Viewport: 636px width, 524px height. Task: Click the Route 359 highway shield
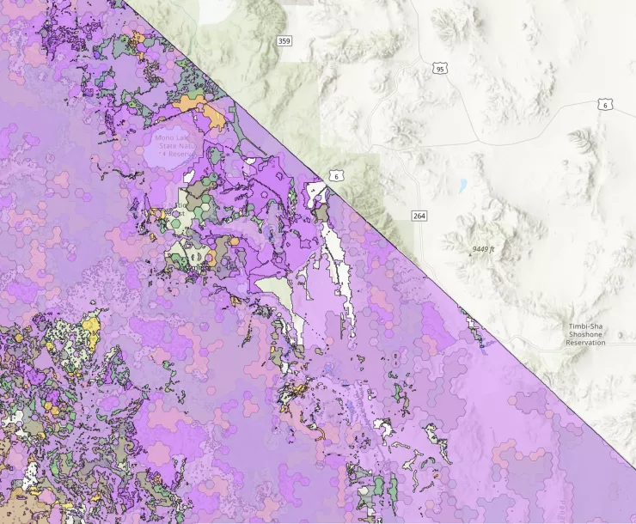[x=284, y=40]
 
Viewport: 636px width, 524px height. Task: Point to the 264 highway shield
[x=419, y=215]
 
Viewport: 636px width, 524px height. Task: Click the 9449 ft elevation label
[x=485, y=249]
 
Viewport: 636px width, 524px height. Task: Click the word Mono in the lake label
[x=162, y=138]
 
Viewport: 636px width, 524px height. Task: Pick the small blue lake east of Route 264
[x=462, y=185]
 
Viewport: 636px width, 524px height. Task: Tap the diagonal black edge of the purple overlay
[x=430, y=275]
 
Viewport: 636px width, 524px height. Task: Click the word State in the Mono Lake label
[x=166, y=147]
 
